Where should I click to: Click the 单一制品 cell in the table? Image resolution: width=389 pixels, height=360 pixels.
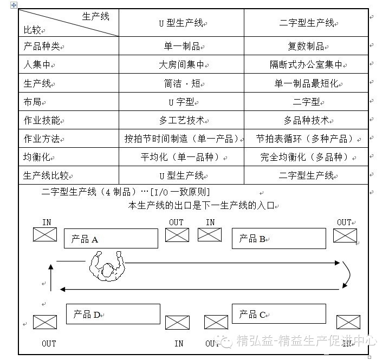[x=181, y=46]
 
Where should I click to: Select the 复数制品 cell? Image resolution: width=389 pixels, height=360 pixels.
[x=306, y=46]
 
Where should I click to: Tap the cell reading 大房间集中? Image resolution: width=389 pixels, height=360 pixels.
[x=181, y=65]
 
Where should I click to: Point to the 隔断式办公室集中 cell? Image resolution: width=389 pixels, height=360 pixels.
[x=306, y=65]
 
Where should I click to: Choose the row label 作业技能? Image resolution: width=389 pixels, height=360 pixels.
[x=41, y=120]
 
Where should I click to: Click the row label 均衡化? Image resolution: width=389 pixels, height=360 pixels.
[x=37, y=157]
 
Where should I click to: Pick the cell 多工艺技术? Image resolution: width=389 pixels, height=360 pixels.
[x=181, y=120]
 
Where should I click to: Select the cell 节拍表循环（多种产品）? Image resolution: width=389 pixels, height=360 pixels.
[x=306, y=139]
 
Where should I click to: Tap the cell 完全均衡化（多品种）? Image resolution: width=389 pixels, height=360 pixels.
[x=306, y=157]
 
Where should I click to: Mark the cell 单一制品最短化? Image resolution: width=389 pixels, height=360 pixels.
[x=306, y=83]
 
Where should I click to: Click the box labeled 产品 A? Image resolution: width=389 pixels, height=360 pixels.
[x=111, y=238]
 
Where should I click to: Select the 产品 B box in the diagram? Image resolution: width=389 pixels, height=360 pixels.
[x=278, y=238]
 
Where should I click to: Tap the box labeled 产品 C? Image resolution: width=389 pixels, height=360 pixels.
[x=278, y=313]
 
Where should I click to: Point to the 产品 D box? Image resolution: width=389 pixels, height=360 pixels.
[x=113, y=313]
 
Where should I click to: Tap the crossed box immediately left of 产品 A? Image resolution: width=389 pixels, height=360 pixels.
[x=44, y=234]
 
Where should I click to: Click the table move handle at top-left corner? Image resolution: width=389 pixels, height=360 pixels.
[x=14, y=5]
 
